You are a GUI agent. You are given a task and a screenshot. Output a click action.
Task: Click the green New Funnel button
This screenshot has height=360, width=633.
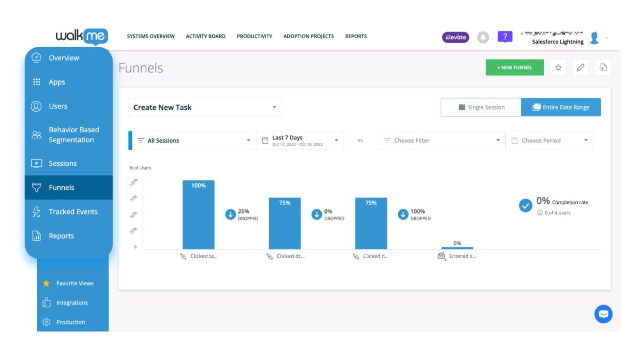coord(514,68)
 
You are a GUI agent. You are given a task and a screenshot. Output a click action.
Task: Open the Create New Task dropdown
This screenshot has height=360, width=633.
coord(205,107)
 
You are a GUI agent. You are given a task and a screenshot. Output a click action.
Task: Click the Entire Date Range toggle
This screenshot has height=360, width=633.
coord(560,107)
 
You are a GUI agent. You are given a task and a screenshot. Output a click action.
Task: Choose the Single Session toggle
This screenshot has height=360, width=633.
coord(481,107)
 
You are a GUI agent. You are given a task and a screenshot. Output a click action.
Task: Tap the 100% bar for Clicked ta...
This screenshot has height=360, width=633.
coord(198,214)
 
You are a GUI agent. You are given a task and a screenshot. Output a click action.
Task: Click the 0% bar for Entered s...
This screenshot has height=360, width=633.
coord(457,248)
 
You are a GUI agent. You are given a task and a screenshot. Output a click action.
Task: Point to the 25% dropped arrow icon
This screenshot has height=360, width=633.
coord(230,214)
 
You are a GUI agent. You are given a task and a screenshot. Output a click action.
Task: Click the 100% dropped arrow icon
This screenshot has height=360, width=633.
coord(403,214)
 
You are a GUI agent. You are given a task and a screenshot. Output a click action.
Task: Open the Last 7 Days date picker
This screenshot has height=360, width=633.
coord(300,141)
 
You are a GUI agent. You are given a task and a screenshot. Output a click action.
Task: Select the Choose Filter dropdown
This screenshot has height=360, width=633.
coord(441,141)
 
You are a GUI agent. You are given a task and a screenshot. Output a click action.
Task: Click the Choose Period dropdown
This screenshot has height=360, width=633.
coord(549,141)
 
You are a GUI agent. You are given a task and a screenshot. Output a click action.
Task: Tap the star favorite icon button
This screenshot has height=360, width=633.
coord(558,68)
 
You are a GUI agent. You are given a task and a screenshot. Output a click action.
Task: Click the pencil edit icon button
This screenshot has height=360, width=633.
coord(580,68)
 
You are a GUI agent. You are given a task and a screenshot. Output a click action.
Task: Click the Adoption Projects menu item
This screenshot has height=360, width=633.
coord(308,36)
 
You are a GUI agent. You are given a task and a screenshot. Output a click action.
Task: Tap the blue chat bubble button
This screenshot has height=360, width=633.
coord(603,314)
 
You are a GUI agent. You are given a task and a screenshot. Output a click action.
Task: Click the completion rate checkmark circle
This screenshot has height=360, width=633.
coord(525,205)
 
